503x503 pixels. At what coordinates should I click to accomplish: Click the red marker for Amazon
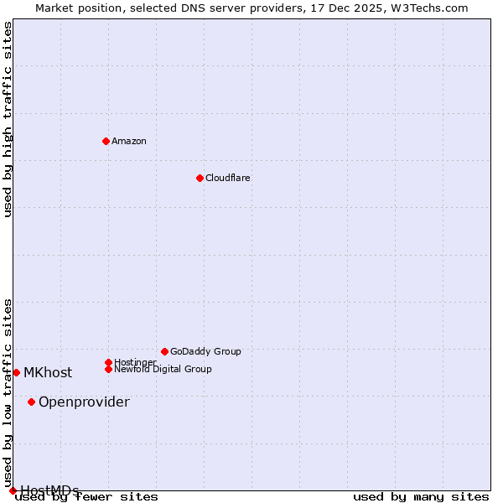(106, 141)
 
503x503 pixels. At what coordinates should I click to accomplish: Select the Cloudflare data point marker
(200, 178)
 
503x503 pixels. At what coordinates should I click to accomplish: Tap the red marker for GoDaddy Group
(164, 351)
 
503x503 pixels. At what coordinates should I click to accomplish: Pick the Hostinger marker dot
(108, 362)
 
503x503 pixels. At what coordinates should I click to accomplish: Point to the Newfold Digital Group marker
(108, 369)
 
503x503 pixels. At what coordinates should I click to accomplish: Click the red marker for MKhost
(16, 372)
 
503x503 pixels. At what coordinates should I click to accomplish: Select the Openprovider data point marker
(31, 402)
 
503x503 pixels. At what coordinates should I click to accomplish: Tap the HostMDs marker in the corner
(13, 490)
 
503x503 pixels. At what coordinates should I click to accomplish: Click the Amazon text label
(129, 141)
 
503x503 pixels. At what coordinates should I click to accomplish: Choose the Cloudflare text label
(228, 178)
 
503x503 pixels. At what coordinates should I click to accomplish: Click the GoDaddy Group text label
(205, 351)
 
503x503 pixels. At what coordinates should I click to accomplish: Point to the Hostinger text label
(135, 362)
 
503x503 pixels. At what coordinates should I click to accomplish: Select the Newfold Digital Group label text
(163, 369)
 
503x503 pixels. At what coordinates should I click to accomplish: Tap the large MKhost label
(48, 373)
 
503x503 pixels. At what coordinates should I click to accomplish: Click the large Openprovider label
(84, 402)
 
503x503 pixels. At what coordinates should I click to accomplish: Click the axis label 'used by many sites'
(421, 497)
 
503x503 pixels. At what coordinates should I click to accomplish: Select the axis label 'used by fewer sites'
(87, 497)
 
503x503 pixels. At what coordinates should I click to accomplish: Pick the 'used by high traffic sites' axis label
(8, 119)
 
